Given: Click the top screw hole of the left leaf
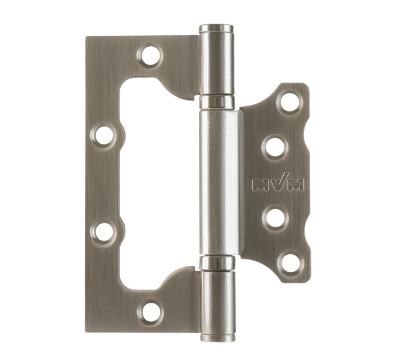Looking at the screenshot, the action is (150, 55).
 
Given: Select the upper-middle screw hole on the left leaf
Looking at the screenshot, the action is (103, 135).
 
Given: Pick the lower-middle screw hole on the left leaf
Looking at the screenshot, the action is (103, 232).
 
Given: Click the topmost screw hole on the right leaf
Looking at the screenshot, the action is (290, 102).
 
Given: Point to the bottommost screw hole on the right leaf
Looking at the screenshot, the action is (290, 263).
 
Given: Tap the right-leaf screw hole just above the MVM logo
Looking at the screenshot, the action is (275, 147).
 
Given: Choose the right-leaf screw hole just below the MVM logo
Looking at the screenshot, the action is (276, 218).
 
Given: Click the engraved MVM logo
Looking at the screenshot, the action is (278, 183).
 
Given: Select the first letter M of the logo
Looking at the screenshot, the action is (261, 185).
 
